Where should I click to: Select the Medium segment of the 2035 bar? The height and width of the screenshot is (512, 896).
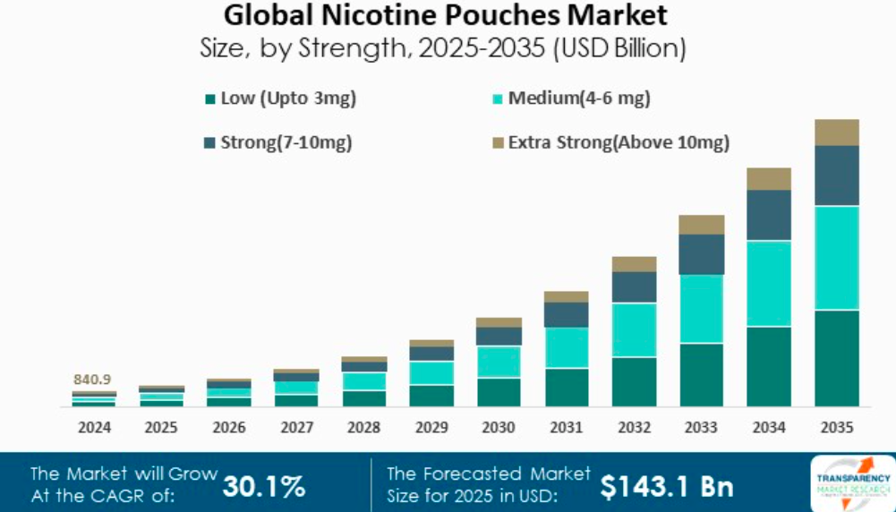[x=837, y=258]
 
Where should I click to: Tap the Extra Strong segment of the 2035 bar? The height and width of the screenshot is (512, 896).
[x=837, y=132]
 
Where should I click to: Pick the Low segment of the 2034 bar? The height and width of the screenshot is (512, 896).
[x=769, y=367]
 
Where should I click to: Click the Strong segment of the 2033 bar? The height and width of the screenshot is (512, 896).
[x=701, y=254]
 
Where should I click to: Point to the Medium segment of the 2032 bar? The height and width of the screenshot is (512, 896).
[x=634, y=329]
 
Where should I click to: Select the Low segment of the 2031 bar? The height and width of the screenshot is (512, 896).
[x=567, y=387]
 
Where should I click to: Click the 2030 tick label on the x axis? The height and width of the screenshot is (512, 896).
[x=499, y=427]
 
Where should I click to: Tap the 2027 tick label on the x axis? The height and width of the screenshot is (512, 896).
[x=296, y=427]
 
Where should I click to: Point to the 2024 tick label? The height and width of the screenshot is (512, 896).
[x=94, y=427]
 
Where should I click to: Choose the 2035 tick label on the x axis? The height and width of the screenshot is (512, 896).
[x=837, y=427]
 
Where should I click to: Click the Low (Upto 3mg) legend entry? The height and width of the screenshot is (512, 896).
[x=281, y=98]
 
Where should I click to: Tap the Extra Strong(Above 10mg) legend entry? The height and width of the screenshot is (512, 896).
[x=610, y=142]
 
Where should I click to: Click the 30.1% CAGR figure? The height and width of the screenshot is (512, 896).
[x=264, y=486]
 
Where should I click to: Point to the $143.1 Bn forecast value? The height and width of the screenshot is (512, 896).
[x=667, y=486]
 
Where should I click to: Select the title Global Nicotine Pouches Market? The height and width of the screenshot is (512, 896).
[x=445, y=15]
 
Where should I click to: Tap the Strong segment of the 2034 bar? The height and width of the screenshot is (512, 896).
[x=769, y=215]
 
